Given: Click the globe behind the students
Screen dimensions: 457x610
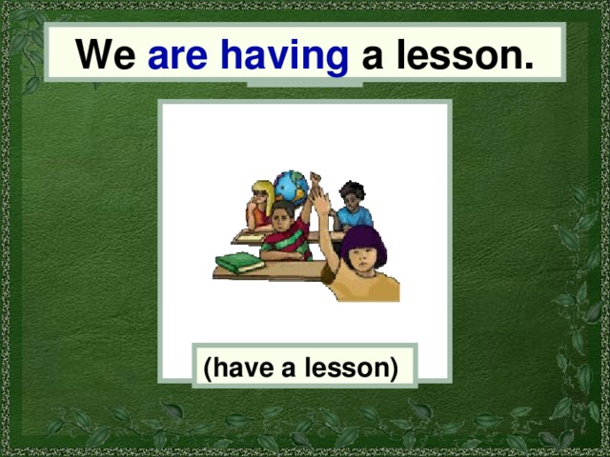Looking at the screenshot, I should [290, 187].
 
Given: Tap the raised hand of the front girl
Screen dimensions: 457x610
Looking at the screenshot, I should [321, 201].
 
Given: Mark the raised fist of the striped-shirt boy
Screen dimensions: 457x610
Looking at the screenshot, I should [315, 179].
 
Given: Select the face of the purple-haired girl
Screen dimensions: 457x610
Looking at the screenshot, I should [361, 260].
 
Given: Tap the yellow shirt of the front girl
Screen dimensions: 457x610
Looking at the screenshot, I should [367, 286].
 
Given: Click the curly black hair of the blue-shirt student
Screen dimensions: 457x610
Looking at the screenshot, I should [352, 189].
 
